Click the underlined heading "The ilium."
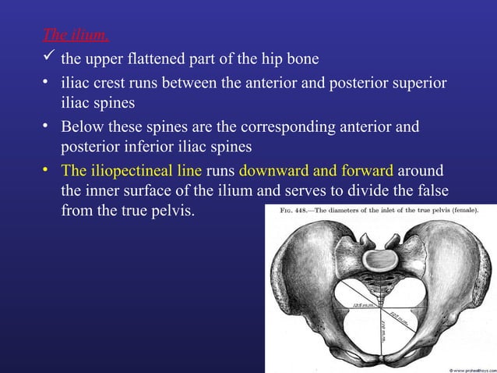76,35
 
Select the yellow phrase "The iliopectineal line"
131,171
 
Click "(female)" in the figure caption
460,209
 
